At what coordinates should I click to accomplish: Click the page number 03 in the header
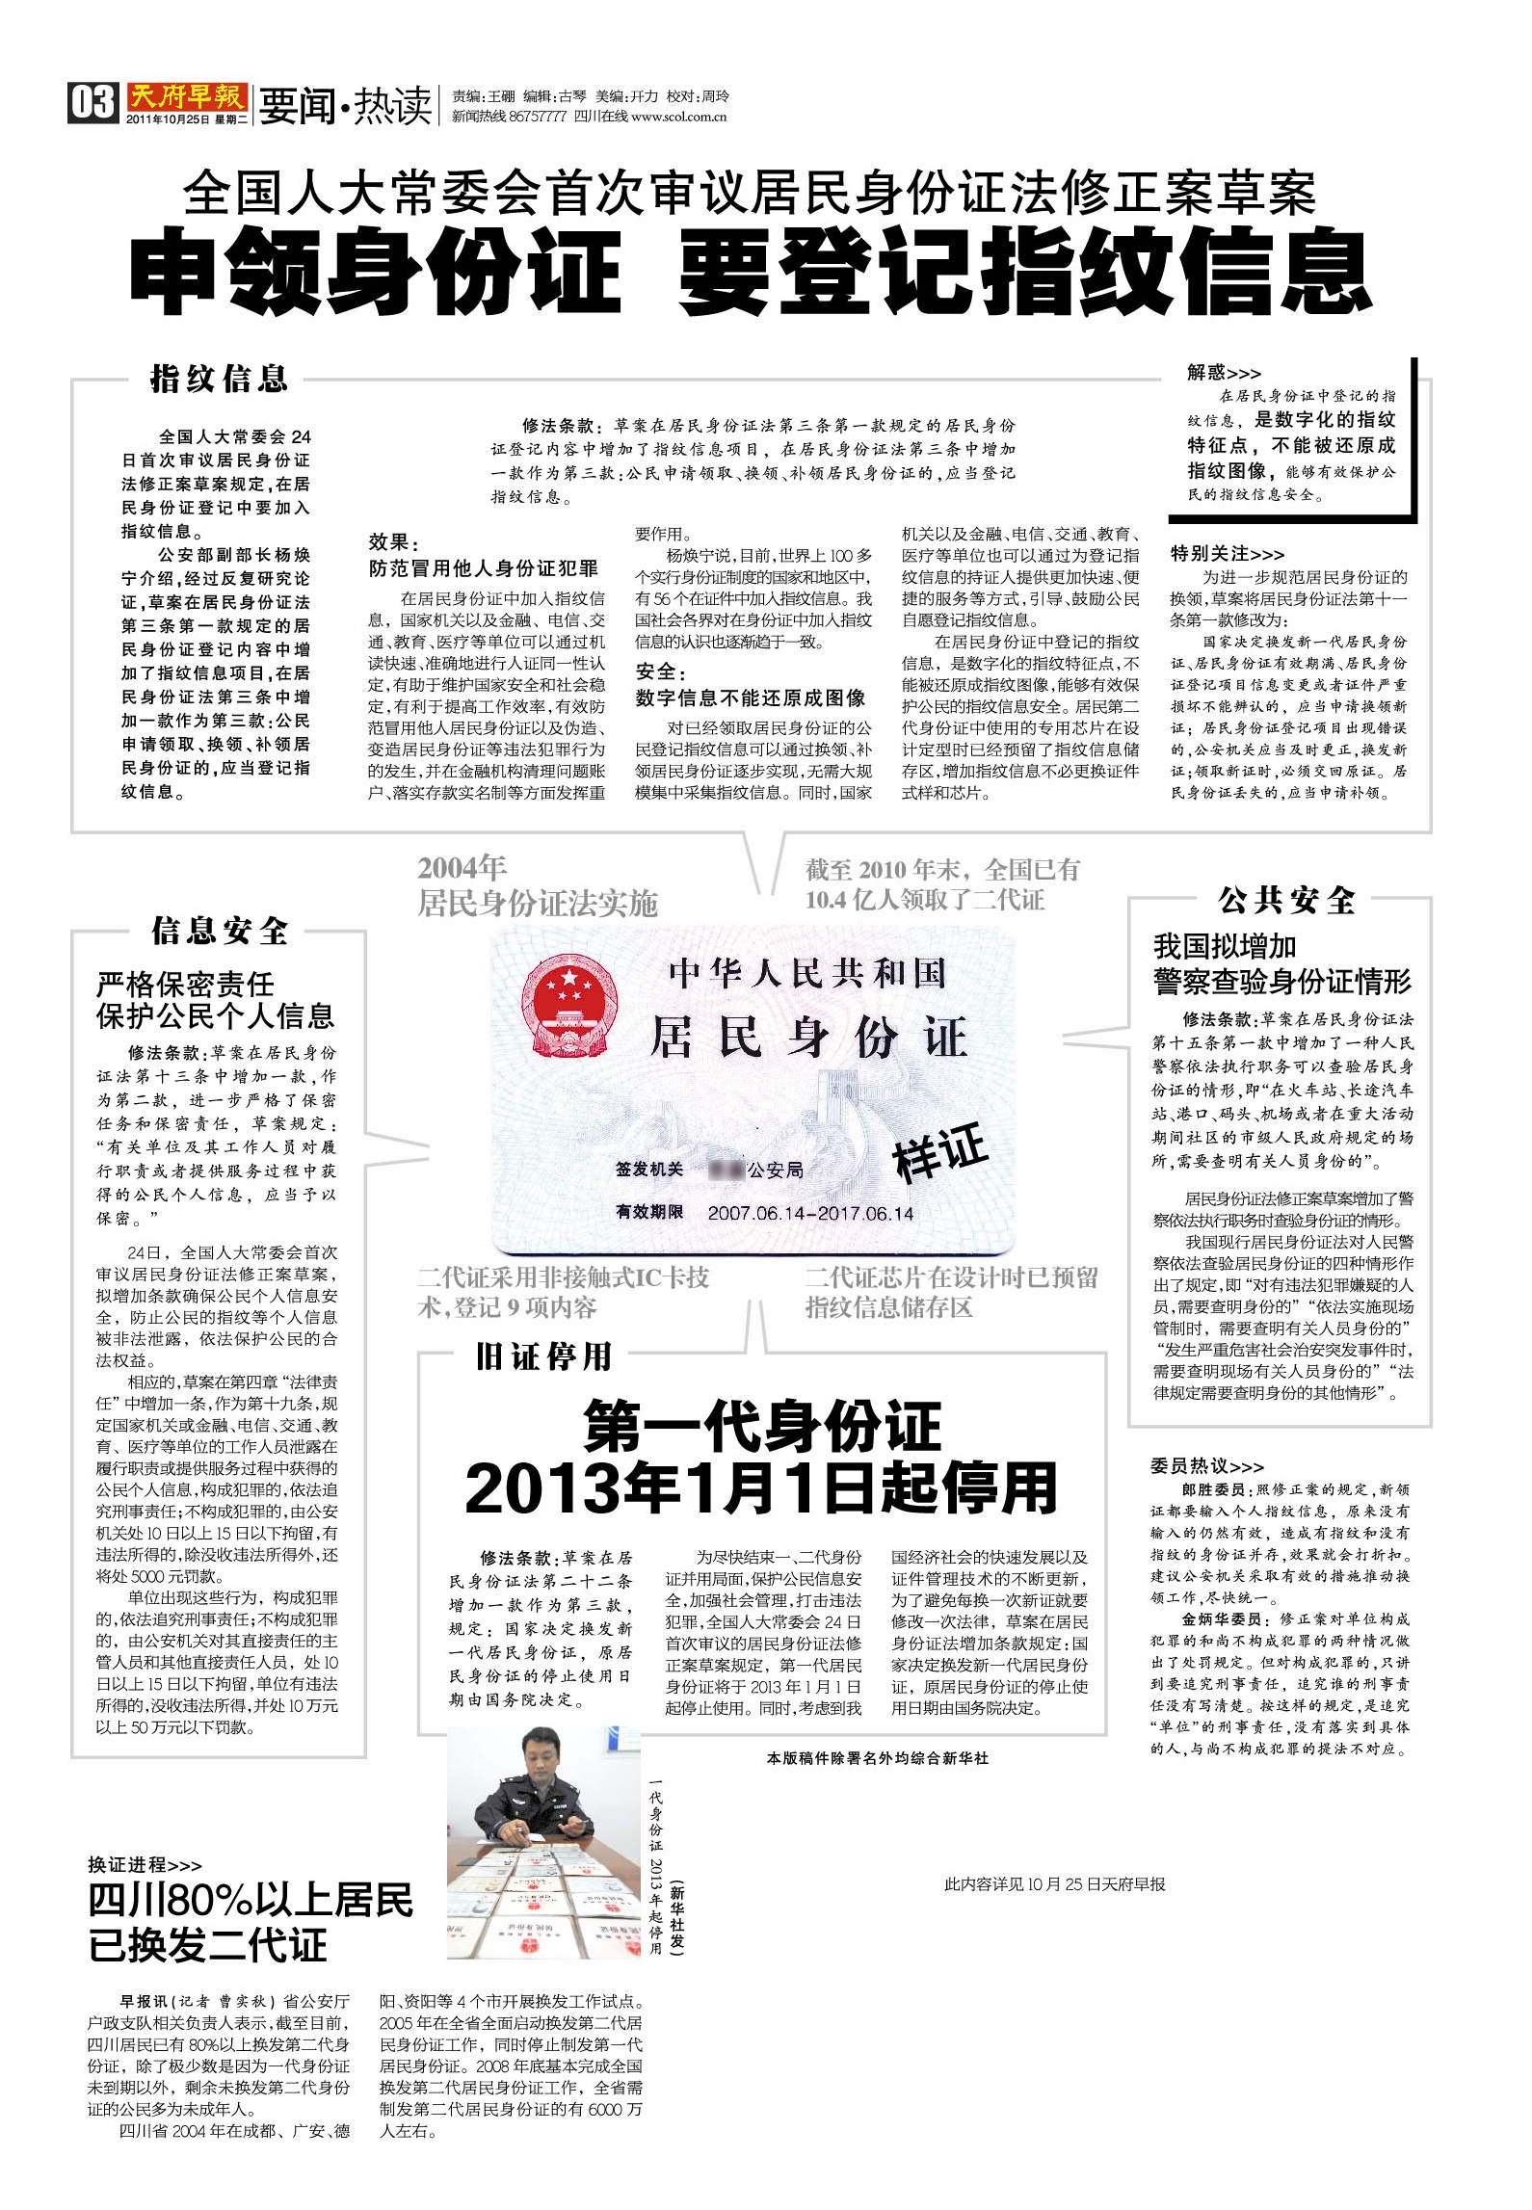pos(92,102)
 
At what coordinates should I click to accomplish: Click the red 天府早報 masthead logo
pos(187,97)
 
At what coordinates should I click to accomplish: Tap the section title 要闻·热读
pos(345,106)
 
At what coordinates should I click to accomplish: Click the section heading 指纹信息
pos(219,379)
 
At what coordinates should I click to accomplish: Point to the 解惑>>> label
pos(1224,373)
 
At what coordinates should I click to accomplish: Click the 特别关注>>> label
pos(1227,554)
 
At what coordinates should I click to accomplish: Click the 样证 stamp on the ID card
pos(940,1152)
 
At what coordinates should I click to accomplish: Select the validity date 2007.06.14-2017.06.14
pos(810,1213)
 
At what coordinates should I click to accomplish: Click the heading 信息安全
pos(220,931)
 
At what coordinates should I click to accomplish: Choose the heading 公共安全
pos(1286,901)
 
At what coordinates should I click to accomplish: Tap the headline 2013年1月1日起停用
pos(761,1490)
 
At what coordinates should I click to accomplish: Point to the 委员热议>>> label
pos(1206,1465)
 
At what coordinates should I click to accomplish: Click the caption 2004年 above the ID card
pos(462,868)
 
